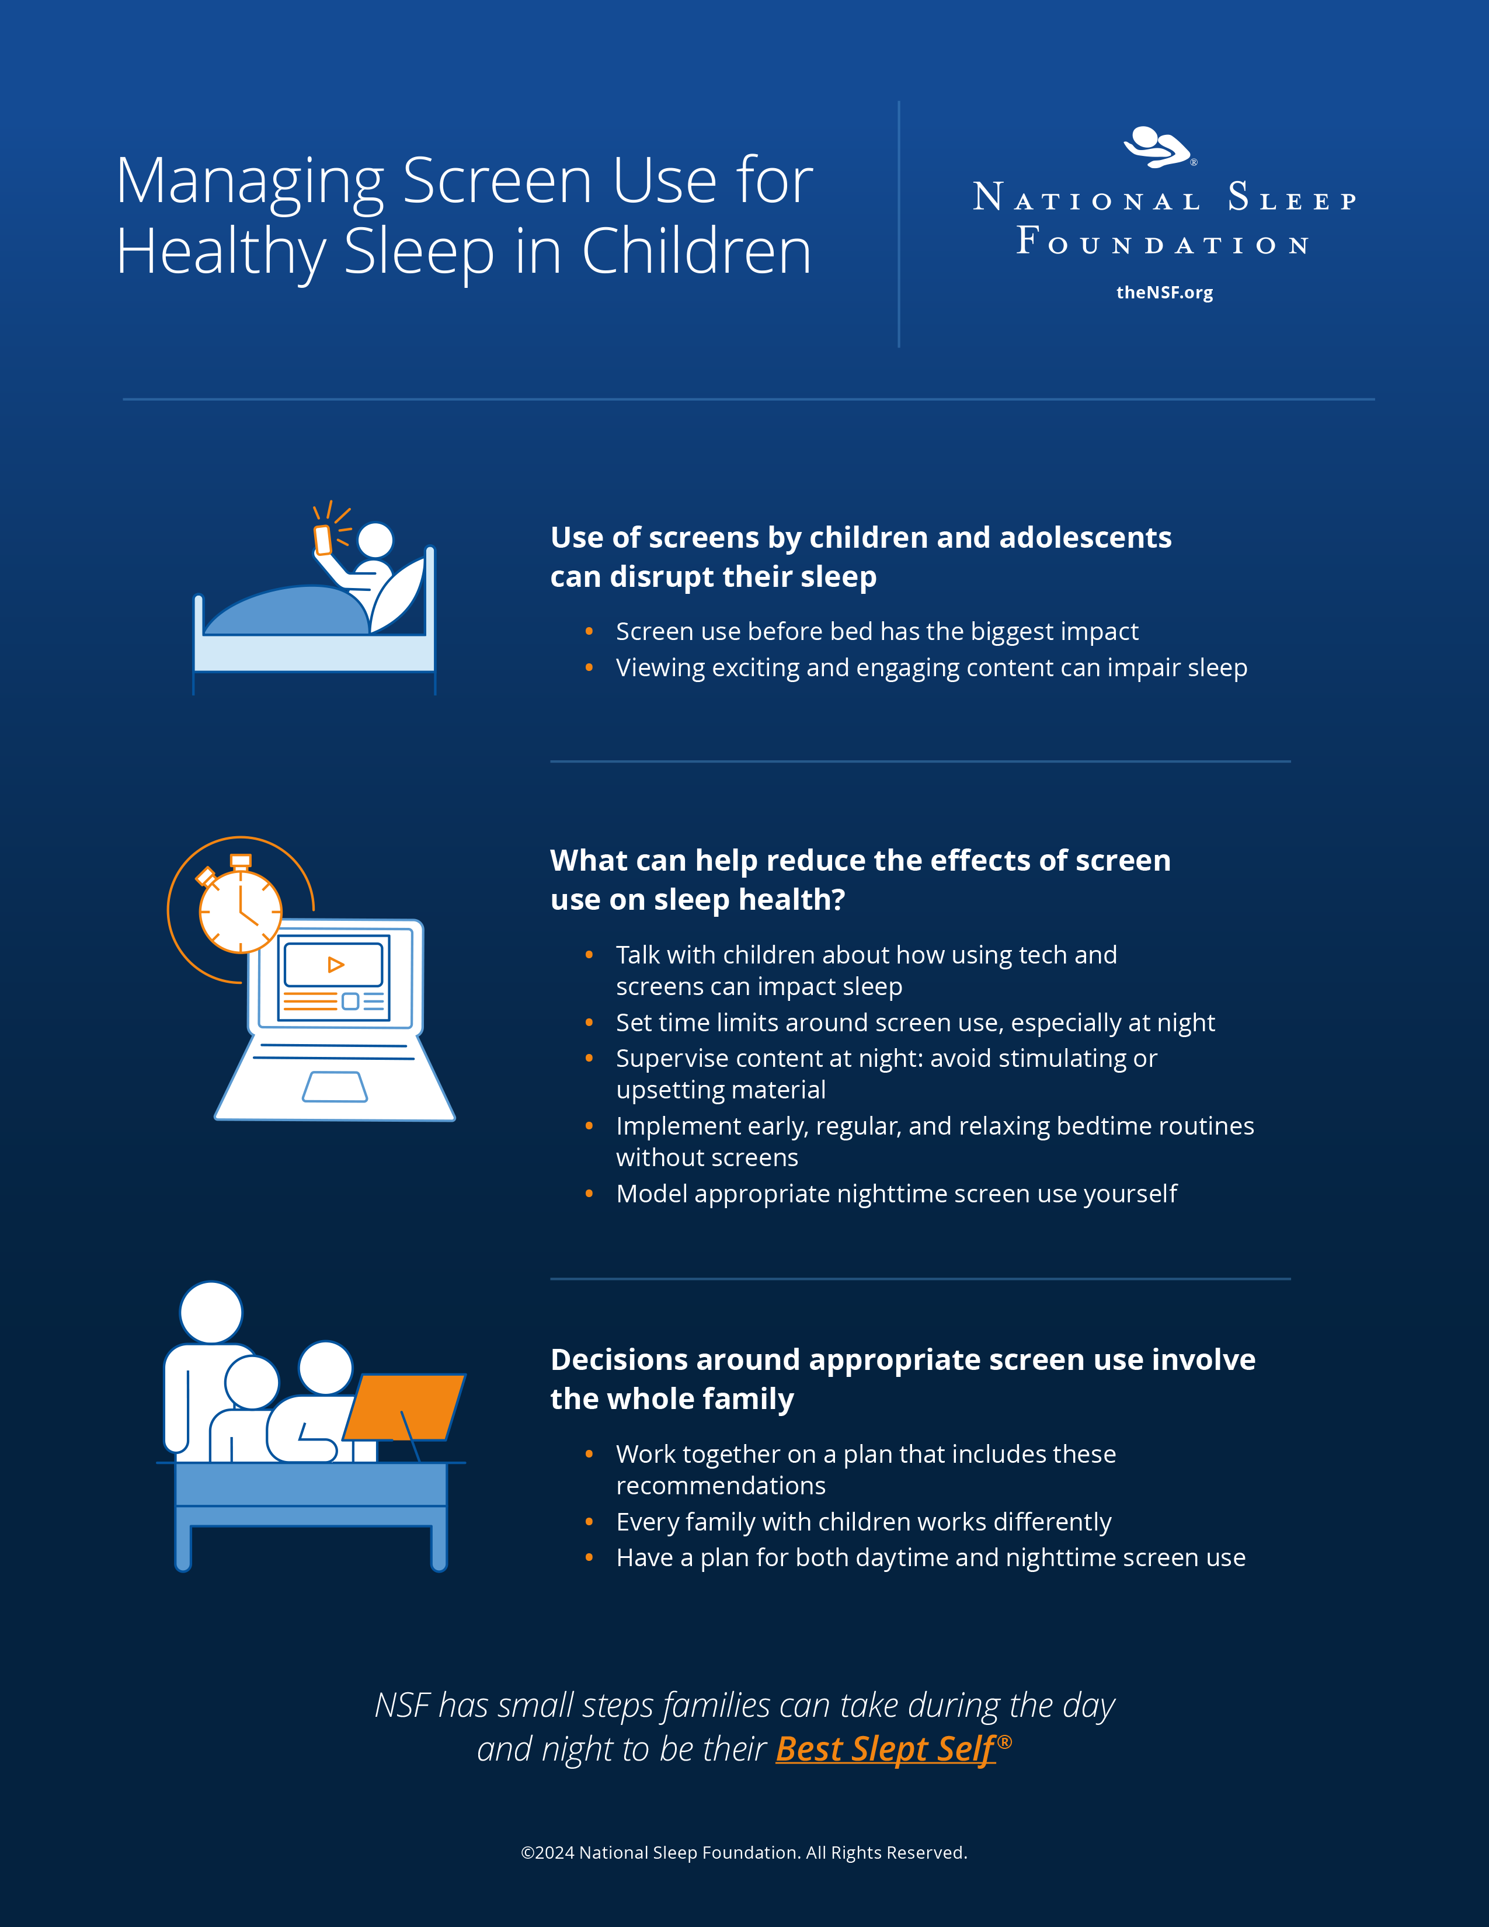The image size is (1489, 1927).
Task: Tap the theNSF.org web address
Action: (1164, 293)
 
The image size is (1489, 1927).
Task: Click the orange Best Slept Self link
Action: (886, 1749)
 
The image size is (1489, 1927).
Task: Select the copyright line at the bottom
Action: (743, 1852)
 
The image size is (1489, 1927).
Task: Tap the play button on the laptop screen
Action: (335, 965)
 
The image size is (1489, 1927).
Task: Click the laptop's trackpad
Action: (335, 1087)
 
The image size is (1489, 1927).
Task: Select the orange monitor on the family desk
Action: (404, 1407)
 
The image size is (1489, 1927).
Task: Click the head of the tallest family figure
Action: (211, 1313)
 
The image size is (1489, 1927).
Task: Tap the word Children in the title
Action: (696, 252)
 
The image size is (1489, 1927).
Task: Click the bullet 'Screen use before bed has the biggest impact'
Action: (877, 632)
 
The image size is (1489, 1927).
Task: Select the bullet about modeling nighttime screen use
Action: (896, 1194)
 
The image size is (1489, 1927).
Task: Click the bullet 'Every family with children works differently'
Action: (864, 1522)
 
